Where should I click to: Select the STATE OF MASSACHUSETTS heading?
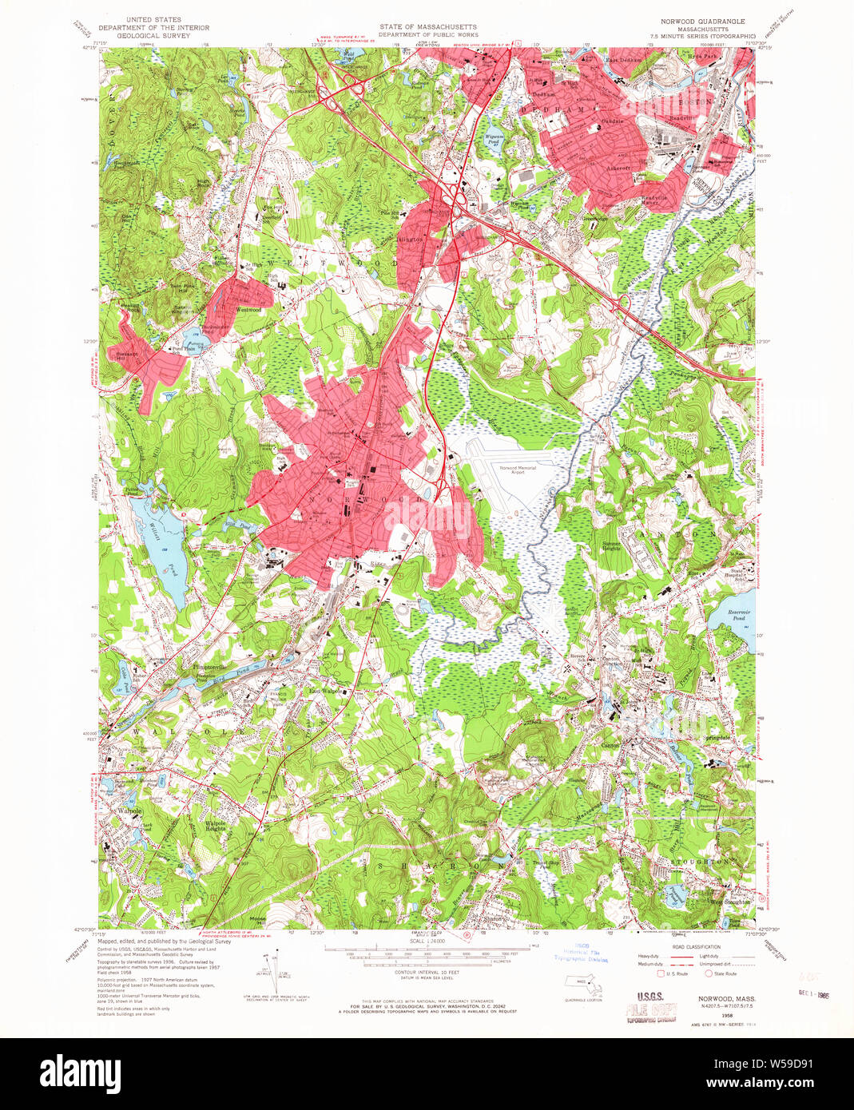click(427, 26)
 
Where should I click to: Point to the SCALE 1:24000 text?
click(427, 942)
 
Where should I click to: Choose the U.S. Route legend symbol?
click(661, 973)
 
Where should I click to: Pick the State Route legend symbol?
click(708, 973)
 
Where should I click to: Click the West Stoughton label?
click(731, 902)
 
